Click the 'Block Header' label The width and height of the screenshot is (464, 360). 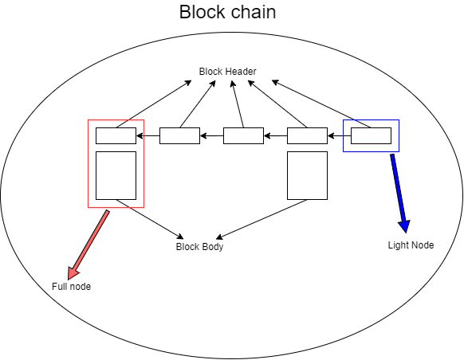click(x=228, y=72)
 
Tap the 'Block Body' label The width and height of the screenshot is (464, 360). click(x=199, y=247)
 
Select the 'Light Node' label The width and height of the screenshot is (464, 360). click(x=411, y=245)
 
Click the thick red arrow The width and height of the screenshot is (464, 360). click(x=88, y=243)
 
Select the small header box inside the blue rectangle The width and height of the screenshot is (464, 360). click(x=371, y=135)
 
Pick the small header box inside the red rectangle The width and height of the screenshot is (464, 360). click(x=116, y=135)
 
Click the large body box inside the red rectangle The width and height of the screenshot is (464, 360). click(x=116, y=175)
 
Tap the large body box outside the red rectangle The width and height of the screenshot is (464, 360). click(x=307, y=175)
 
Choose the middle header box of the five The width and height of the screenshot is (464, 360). click(x=243, y=135)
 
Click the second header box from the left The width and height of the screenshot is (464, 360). click(x=179, y=135)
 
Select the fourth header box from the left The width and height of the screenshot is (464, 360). click(x=307, y=135)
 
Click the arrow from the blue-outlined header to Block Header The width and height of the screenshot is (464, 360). click(x=323, y=104)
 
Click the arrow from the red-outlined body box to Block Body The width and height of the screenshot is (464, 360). click(x=150, y=218)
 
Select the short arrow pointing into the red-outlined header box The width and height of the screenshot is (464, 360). click(x=147, y=136)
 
